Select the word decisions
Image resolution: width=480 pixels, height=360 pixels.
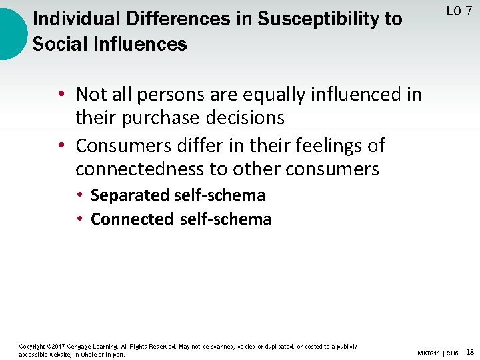246,118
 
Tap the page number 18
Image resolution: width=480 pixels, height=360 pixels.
470,351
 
